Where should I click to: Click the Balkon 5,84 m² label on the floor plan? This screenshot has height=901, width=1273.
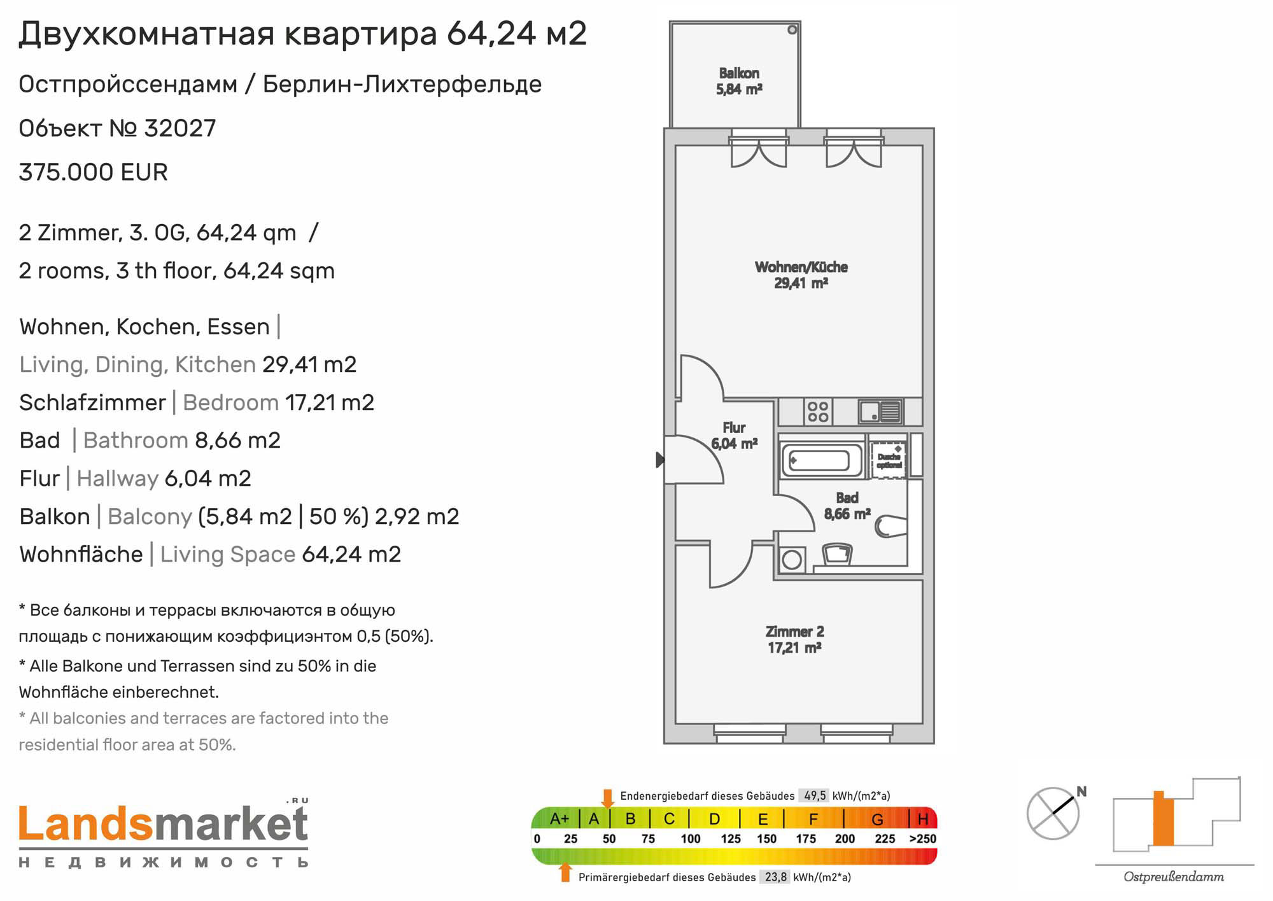tap(739, 82)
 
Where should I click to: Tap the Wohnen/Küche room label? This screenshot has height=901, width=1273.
tap(801, 275)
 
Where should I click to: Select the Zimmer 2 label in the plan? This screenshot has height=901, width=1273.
tap(794, 639)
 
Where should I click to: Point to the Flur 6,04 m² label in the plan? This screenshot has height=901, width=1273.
tap(734, 436)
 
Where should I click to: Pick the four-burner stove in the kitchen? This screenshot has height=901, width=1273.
tap(818, 411)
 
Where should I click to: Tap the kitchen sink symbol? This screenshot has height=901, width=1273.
tap(880, 411)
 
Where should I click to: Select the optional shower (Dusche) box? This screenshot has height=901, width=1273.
tap(889, 458)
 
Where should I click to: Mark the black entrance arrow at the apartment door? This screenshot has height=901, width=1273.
tap(660, 459)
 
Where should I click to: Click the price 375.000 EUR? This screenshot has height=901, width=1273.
tap(94, 173)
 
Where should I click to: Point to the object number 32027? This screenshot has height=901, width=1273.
tap(180, 129)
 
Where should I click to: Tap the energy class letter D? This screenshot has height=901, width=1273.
tap(714, 819)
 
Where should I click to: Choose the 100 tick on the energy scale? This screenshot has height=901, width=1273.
tap(691, 839)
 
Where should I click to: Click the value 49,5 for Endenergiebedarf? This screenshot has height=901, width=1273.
tap(815, 796)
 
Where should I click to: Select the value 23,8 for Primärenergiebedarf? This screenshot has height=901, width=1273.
tap(776, 877)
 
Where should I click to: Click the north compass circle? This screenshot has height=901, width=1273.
tap(1053, 813)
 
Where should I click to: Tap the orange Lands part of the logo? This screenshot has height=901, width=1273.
tap(86, 824)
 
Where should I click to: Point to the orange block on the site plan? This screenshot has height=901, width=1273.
tap(1163, 818)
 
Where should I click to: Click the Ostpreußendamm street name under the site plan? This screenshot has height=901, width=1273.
tap(1174, 877)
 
